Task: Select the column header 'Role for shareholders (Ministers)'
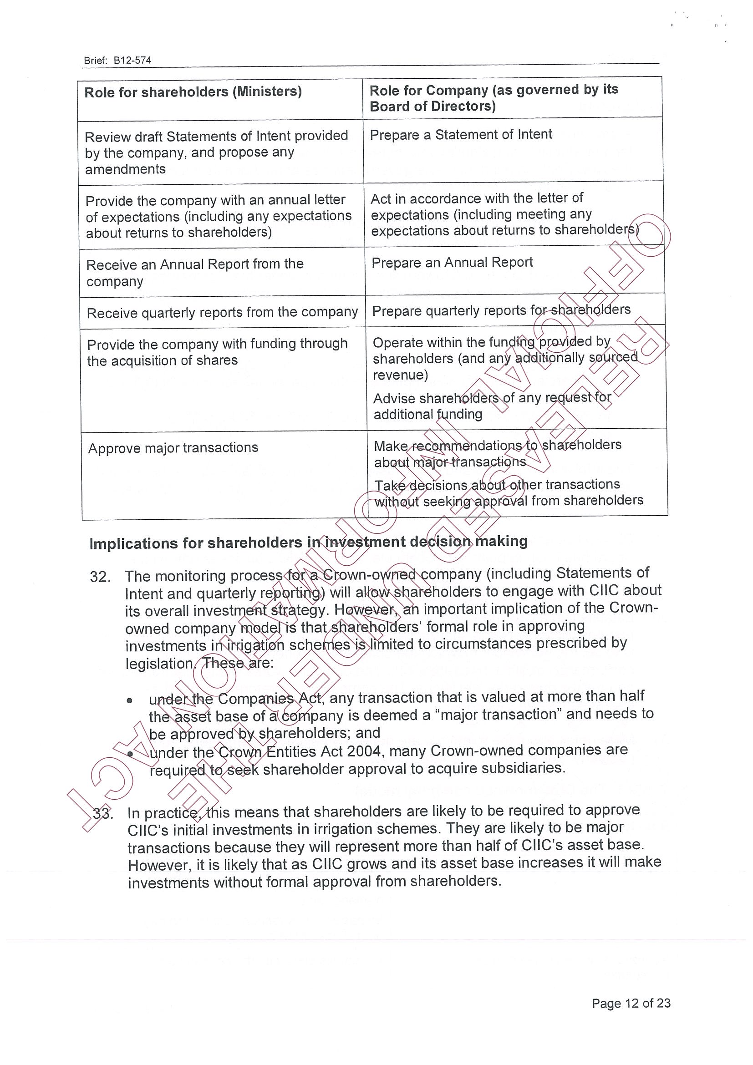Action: pyautogui.click(x=193, y=92)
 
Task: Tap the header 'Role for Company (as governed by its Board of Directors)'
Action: pyautogui.click(x=494, y=98)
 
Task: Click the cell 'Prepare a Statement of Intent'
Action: pyautogui.click(x=461, y=135)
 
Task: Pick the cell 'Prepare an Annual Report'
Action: pyautogui.click(x=452, y=263)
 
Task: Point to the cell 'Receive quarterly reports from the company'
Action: pyautogui.click(x=222, y=313)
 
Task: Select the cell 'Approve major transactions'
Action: pyautogui.click(x=173, y=448)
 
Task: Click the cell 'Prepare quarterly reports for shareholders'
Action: pyautogui.click(x=501, y=310)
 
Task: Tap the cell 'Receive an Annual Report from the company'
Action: pyautogui.click(x=195, y=273)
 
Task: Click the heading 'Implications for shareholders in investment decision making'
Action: pyautogui.click(x=309, y=542)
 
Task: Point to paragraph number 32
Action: pyautogui.click(x=100, y=577)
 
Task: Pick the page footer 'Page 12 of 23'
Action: pyautogui.click(x=631, y=1003)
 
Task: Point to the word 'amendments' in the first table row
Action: pyautogui.click(x=125, y=169)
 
